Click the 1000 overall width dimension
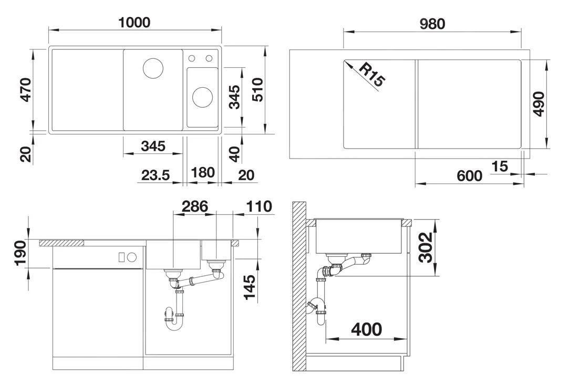[x=135, y=23]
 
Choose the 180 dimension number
[x=202, y=173]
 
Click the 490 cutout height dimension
[x=538, y=104]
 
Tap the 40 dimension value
[x=235, y=153]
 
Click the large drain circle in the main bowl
[x=153, y=68]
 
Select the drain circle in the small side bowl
[x=202, y=96]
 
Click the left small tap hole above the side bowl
[x=192, y=58]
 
